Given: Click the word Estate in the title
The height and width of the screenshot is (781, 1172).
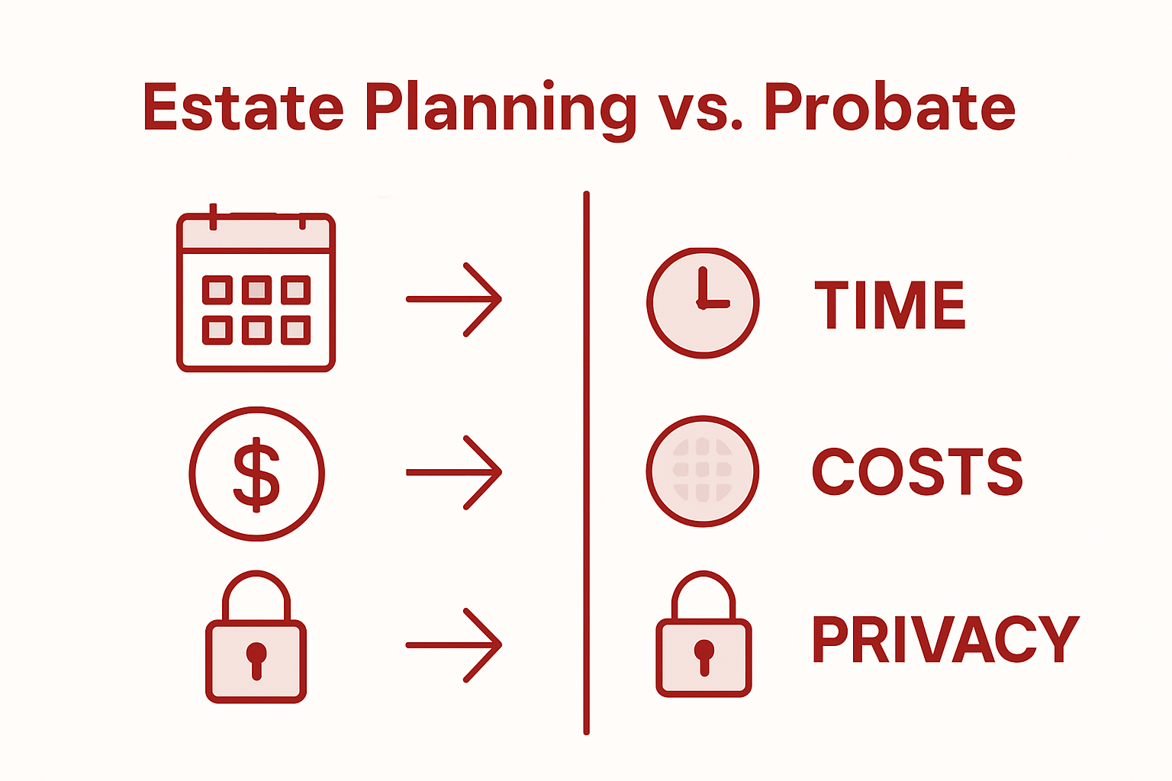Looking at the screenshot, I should (243, 107).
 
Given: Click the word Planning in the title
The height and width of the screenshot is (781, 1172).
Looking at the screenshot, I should (500, 108).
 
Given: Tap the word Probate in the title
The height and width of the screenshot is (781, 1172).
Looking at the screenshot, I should (890, 107).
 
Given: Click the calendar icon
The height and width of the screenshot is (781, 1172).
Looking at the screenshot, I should (256, 292).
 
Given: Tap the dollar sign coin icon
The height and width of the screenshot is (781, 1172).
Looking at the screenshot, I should (256, 474).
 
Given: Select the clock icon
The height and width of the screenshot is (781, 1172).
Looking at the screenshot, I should (703, 303).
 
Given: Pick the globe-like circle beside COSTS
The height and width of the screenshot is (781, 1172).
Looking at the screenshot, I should (703, 471).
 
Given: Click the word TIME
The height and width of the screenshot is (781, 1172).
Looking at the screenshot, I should (890, 305).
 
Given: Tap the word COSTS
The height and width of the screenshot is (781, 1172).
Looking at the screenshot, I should (916, 471).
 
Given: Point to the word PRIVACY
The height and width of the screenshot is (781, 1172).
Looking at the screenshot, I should (945, 639).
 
